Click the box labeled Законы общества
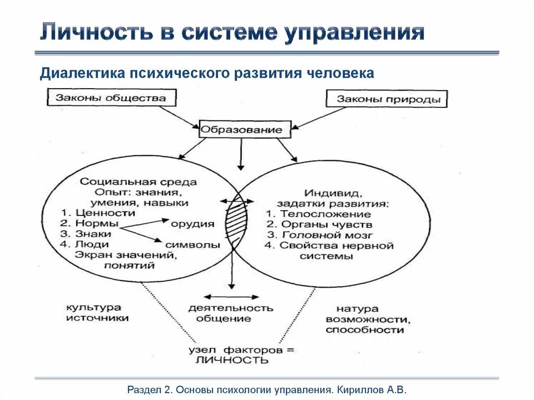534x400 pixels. click(112, 98)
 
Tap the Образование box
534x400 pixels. click(245, 129)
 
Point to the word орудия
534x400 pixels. click(192, 224)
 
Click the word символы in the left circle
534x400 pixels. click(189, 245)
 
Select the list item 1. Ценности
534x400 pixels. click(98, 213)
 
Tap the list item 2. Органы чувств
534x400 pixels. click(319, 224)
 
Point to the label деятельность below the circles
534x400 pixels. click(230, 308)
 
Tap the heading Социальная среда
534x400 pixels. click(139, 182)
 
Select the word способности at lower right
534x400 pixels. click(365, 330)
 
